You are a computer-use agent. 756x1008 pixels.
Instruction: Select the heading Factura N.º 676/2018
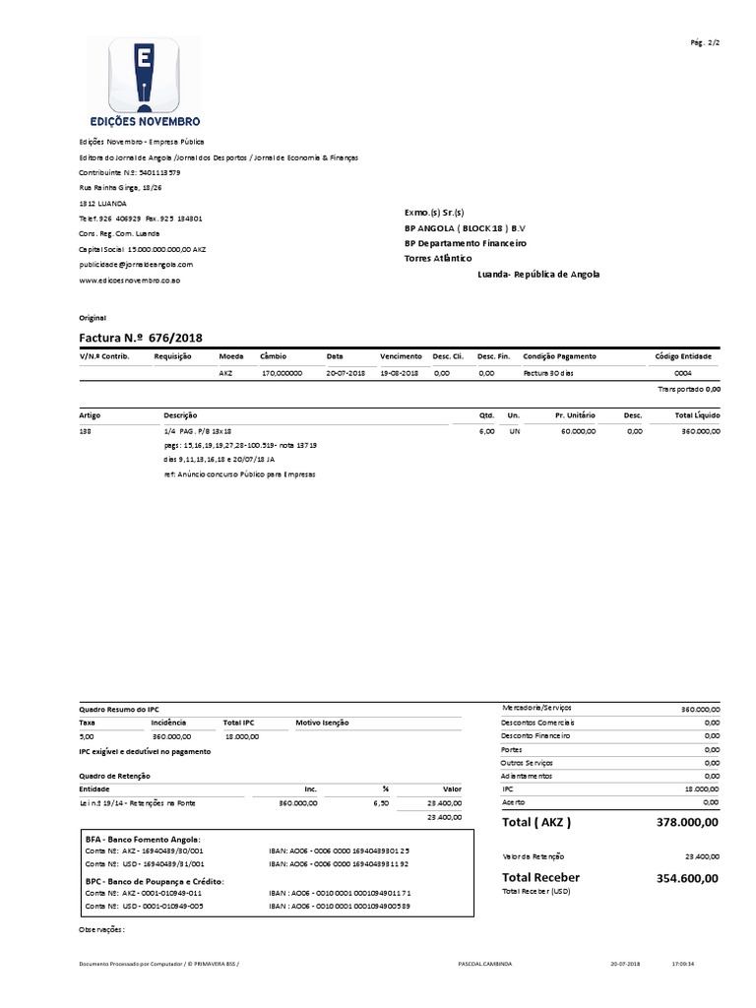[141, 338]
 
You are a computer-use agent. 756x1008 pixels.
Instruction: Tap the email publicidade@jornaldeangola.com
[136, 265]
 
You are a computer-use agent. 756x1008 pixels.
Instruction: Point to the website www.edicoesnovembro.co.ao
[129, 281]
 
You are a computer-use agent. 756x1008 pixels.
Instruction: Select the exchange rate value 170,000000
[281, 374]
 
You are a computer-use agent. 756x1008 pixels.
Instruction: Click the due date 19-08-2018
[399, 374]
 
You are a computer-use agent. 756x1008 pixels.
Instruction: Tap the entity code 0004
[682, 374]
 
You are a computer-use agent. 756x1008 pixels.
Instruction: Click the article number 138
[85, 431]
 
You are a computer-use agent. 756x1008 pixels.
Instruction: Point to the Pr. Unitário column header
[575, 416]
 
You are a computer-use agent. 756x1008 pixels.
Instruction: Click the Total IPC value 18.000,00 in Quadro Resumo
[241, 735]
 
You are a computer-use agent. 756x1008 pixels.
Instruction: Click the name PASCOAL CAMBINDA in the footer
[486, 965]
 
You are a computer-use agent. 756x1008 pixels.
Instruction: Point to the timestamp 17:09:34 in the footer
[683, 965]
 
